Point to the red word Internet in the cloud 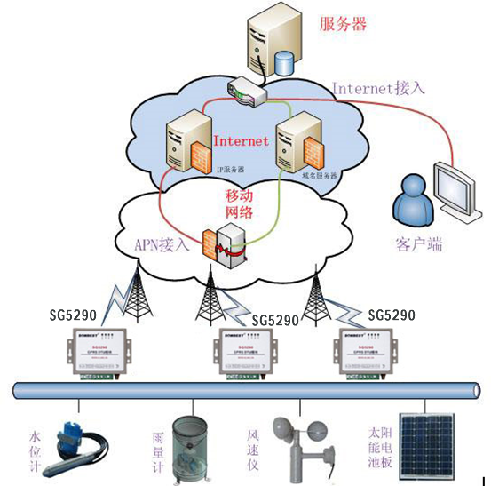[241, 140]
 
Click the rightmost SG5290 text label [391, 315]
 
